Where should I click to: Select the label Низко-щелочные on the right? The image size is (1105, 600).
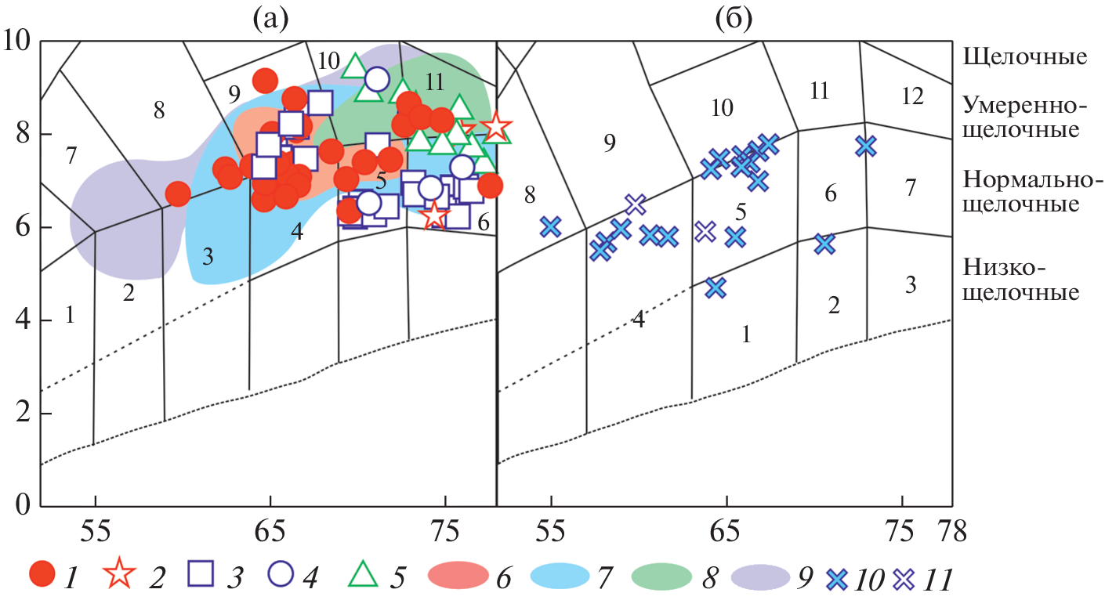coord(1020,281)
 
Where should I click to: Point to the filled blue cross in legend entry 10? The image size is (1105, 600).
coord(838,579)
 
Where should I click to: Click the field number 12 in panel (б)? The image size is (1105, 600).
coord(913,96)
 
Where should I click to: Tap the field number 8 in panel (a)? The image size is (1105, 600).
coord(159,110)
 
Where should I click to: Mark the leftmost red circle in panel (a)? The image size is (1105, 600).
coord(178,194)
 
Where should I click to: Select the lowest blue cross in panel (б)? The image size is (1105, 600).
coord(715,287)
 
